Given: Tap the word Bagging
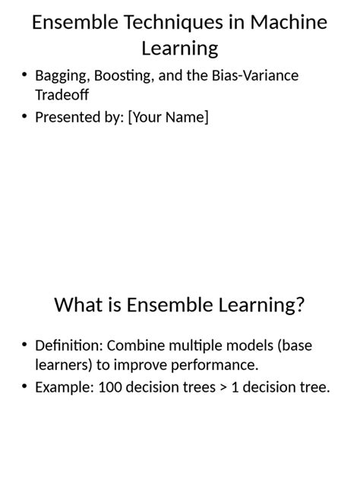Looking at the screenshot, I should (x=62, y=76).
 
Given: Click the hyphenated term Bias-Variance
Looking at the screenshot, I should (x=256, y=76).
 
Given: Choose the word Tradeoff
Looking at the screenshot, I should (x=62, y=96).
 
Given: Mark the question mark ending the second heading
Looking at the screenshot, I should (x=300, y=305).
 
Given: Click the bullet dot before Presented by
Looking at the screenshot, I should (x=25, y=117).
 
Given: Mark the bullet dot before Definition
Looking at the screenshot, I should (x=25, y=346).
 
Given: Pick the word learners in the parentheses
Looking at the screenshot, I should (x=62, y=365).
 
